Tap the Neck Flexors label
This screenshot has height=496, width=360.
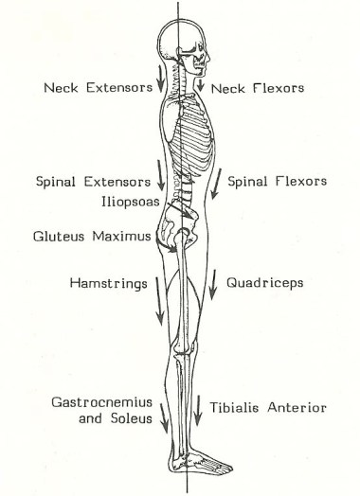257,88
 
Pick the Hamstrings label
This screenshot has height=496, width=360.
107,282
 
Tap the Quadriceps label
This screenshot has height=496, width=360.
265,282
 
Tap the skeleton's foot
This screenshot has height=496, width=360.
205,467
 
